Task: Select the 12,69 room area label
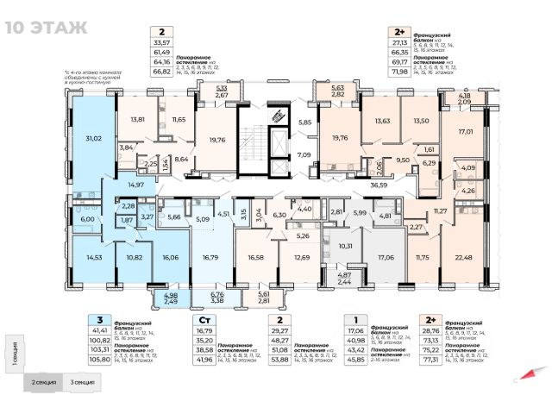pyautogui.click(x=302, y=257)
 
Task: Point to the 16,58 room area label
pyautogui.click(x=256, y=257)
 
